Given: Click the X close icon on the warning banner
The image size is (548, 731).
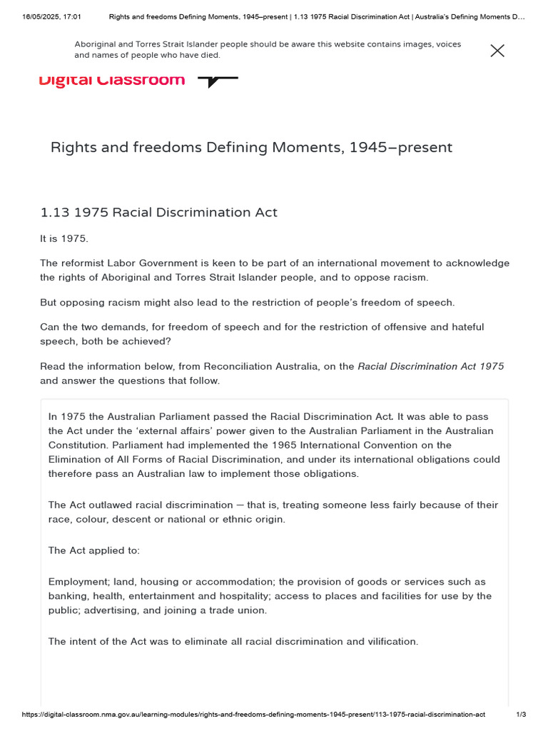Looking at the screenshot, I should [497, 50].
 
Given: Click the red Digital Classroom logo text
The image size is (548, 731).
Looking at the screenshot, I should [111, 79].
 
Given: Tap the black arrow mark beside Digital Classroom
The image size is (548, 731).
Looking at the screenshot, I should [217, 81].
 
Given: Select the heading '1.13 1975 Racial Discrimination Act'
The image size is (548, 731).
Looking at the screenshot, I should [159, 212].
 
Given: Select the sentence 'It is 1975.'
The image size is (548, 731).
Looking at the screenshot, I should [64, 238].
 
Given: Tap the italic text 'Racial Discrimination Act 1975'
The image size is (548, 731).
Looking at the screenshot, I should [430, 367].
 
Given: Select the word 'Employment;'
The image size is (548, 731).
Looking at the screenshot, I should [77, 582].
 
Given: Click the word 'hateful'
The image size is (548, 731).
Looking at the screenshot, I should [463, 327].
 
